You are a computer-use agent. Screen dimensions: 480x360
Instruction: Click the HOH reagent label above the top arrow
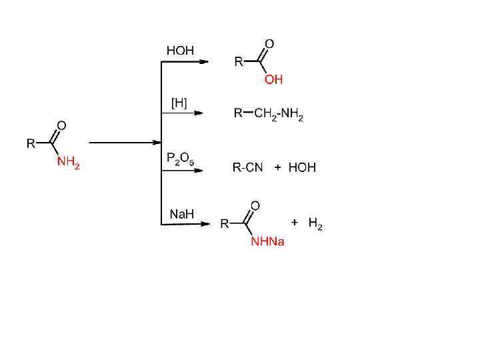coord(180,51)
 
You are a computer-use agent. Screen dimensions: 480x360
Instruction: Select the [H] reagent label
coord(179,103)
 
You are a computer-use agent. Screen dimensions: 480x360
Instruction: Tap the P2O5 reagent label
coord(180,159)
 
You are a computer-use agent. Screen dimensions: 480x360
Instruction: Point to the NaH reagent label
coord(181,214)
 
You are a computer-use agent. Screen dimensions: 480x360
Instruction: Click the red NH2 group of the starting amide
coord(68,162)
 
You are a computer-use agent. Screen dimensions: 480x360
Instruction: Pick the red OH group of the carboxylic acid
coord(273,79)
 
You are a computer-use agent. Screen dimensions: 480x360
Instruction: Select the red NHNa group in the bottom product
coord(267,241)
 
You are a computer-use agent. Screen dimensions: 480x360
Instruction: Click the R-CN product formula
coord(247,167)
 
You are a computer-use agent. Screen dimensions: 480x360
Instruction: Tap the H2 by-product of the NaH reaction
coord(315,224)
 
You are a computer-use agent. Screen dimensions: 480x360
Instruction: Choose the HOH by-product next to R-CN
coord(302,167)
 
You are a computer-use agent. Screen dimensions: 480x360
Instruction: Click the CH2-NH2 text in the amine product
coord(279,114)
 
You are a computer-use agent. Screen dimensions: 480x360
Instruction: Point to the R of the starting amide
coord(30,143)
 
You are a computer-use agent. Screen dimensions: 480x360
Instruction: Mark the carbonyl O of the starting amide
coord(61,125)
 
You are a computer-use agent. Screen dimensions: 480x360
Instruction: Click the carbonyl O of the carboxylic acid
coord(269,44)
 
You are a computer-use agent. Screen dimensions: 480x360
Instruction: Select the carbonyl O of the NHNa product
coord(255,205)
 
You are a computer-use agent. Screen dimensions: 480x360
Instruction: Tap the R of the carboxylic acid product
coord(239,62)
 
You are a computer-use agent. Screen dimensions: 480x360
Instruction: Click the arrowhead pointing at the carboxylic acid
coord(205,61)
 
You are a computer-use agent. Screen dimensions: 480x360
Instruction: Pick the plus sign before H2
coord(294,222)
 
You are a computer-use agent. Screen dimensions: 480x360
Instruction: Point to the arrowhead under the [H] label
coord(199,113)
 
